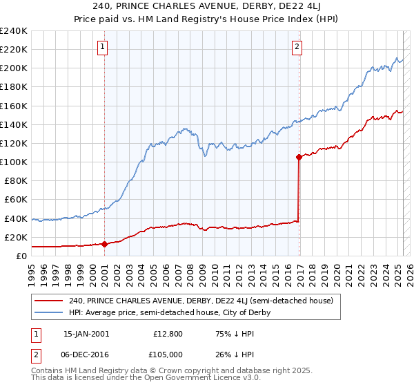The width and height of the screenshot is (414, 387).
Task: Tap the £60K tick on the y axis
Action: [16, 199]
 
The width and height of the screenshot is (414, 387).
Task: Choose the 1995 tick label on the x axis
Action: [31, 270]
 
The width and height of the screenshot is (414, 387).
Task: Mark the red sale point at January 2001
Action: [104, 243]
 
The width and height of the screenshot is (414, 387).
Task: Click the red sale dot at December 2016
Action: [299, 157]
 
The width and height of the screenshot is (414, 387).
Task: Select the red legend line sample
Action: [48, 301]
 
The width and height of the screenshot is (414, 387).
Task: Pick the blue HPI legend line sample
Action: [48, 312]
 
